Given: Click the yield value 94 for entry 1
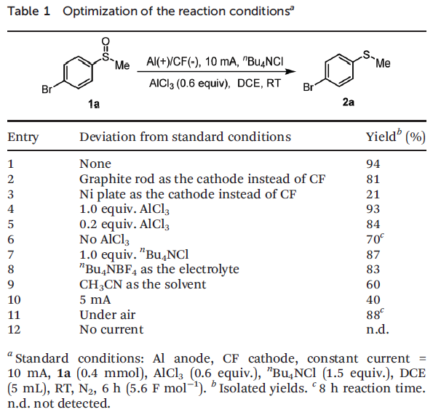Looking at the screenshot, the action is point(373,163).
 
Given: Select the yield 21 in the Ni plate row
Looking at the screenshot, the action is point(373,194).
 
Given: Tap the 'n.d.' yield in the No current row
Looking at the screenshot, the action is point(378,329).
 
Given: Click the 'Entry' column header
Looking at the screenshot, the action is point(23,137).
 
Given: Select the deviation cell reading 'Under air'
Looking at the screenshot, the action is point(108,315).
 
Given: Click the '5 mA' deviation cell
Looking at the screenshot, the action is point(95,299).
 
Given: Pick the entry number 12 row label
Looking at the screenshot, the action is point(14,329).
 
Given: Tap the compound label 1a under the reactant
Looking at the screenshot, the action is point(94,104).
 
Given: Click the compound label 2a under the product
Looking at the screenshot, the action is point(349,102).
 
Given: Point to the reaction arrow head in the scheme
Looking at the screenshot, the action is point(290,72).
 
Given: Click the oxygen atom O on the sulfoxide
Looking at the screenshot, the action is point(106,41).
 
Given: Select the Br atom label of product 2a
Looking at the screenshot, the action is point(309,87).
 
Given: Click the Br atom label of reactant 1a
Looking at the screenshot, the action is point(47,89).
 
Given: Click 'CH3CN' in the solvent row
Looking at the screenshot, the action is point(100,285).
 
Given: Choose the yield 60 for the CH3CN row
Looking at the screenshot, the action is point(373,284).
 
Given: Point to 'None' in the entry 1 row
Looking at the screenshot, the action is point(95,163).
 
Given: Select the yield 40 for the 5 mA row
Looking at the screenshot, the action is point(373,299).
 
